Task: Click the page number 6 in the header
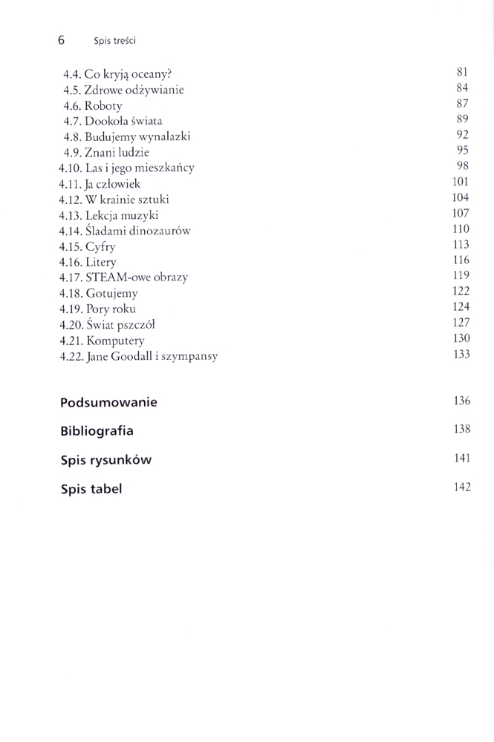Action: tap(61, 39)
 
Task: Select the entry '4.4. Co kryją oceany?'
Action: tap(117, 74)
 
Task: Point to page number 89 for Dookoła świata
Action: tap(462, 119)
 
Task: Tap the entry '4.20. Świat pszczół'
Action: tap(107, 324)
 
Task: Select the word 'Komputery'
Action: tap(114, 341)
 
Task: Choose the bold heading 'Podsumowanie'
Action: tap(108, 403)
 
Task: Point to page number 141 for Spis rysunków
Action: tap(461, 459)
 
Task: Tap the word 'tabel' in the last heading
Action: tap(107, 489)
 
